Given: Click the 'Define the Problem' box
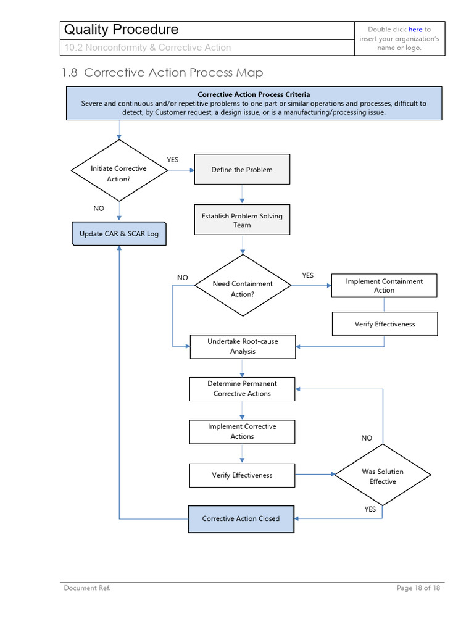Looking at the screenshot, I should click(242, 170).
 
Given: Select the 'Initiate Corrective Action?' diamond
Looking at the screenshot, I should click(119, 173).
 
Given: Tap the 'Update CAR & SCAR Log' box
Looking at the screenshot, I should click(119, 234).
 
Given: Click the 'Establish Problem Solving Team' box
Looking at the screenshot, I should click(242, 220).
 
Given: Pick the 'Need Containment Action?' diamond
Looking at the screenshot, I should click(243, 289).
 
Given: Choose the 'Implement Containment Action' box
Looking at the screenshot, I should click(384, 286).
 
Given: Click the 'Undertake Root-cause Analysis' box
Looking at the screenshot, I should click(243, 346).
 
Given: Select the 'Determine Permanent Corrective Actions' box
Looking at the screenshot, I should click(242, 388).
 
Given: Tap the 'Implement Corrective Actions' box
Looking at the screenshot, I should click(242, 431).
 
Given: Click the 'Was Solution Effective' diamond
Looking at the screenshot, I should click(383, 476).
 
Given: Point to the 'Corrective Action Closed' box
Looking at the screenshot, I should click(241, 518).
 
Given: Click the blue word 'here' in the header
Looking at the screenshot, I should click(415, 29).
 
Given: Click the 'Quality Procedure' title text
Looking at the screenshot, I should click(122, 30).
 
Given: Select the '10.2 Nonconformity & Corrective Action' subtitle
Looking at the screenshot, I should click(148, 48).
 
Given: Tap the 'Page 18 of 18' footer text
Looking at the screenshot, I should click(418, 588).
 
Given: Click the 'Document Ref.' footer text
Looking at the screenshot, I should click(87, 588).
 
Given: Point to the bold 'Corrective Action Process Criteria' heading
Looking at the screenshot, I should click(254, 94).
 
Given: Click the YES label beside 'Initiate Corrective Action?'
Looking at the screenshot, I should click(173, 160).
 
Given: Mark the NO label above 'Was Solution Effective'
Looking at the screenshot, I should click(367, 438).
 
